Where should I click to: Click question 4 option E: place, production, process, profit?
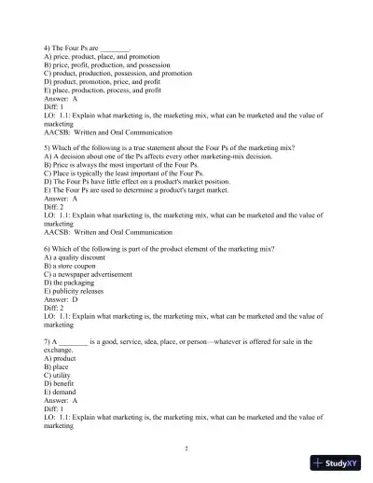click(x=108, y=90)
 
